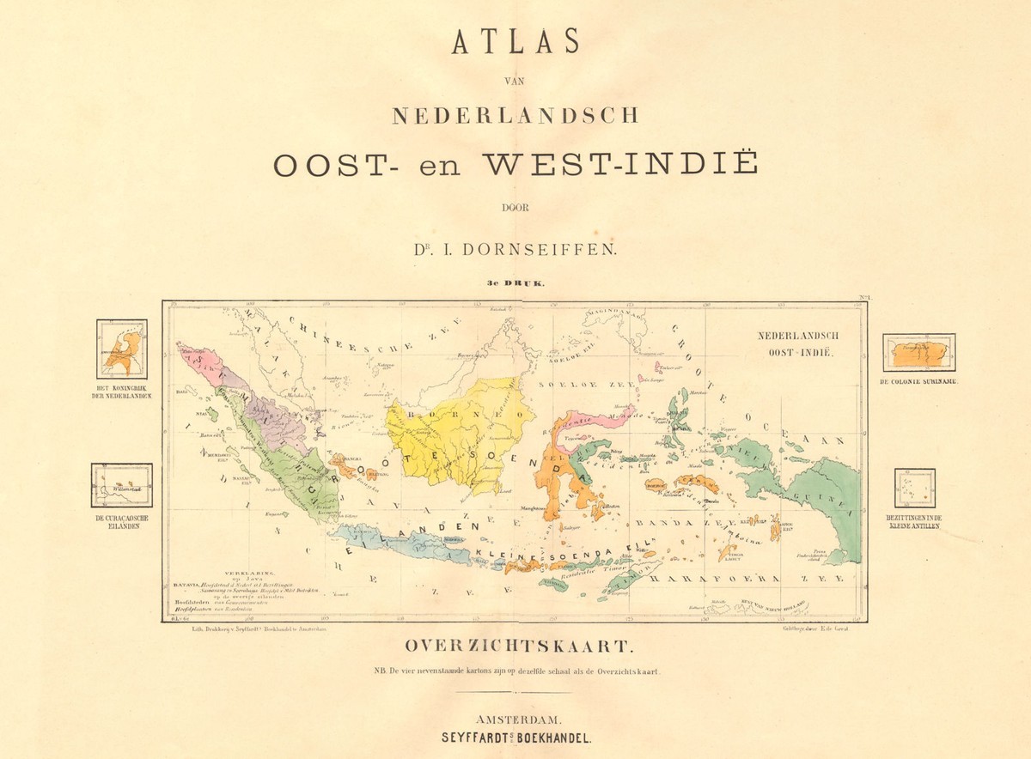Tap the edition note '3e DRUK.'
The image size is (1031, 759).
click(515, 282)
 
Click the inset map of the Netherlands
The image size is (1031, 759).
click(121, 349)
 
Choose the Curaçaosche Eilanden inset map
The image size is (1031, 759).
click(121, 485)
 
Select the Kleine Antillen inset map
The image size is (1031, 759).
click(914, 489)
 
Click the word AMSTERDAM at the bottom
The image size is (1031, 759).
click(515, 719)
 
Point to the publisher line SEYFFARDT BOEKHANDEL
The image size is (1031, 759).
click(515, 738)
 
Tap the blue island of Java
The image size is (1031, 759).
click(404, 545)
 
